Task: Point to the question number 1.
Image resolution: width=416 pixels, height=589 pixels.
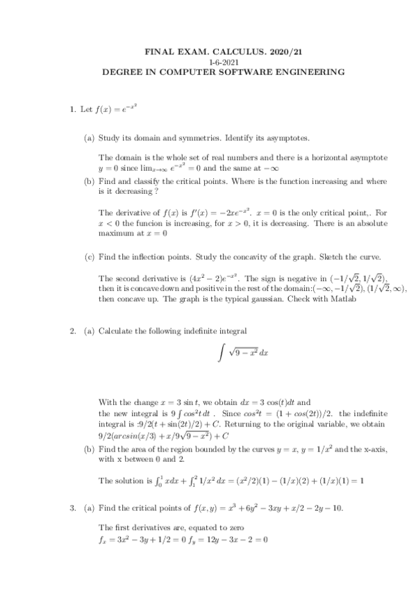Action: (x=72, y=110)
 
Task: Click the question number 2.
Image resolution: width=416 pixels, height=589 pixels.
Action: (x=72, y=331)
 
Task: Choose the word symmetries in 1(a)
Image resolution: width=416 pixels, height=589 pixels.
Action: (x=201, y=138)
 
